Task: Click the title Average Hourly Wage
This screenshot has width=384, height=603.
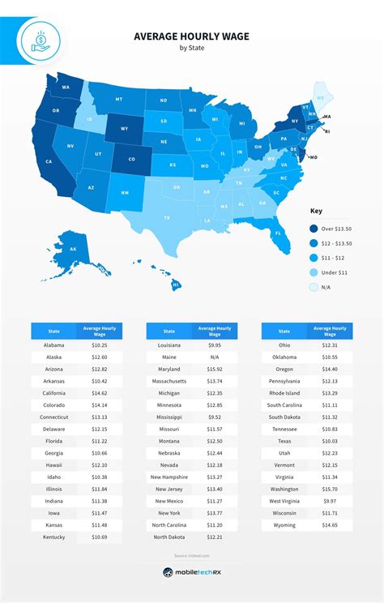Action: (x=191, y=36)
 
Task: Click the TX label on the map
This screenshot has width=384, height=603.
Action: (x=167, y=217)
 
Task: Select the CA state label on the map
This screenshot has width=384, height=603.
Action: (x=49, y=161)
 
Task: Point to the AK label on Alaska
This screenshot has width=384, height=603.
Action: (x=72, y=249)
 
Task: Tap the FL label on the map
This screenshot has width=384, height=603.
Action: (x=277, y=233)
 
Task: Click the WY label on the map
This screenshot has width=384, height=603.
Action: (x=124, y=128)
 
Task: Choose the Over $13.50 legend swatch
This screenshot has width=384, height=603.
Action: (x=314, y=229)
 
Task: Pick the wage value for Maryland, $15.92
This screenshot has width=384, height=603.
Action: (x=215, y=370)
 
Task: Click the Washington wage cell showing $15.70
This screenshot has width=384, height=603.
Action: (x=330, y=490)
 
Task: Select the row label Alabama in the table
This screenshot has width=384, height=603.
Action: (x=55, y=344)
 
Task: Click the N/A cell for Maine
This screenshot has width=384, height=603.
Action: (x=215, y=357)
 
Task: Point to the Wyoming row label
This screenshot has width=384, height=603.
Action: (x=284, y=526)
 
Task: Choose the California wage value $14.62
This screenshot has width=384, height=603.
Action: (x=100, y=394)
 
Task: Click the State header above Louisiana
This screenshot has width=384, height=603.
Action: (x=169, y=331)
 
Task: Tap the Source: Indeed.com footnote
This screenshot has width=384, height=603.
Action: (x=192, y=554)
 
